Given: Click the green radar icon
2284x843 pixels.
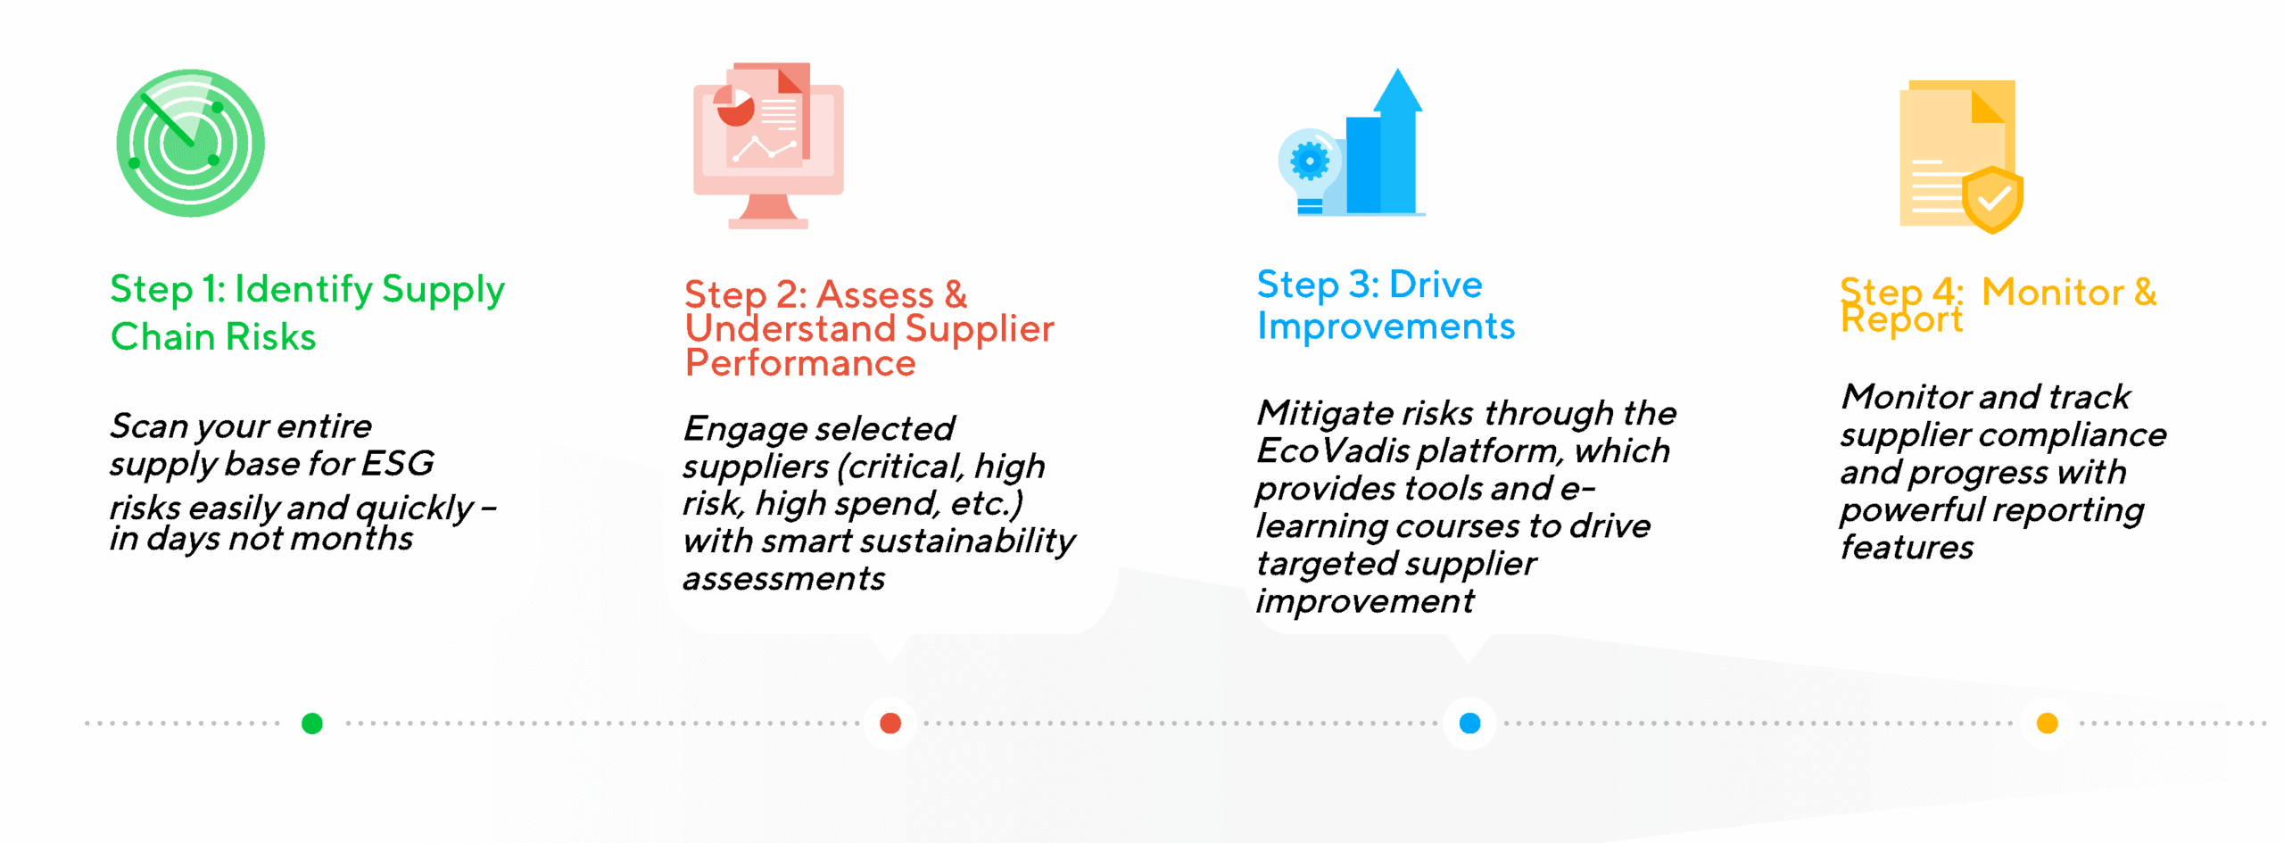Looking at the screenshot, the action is click(190, 143).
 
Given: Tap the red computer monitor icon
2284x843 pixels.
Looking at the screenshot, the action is click(768, 145).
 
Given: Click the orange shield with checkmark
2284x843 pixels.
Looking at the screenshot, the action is click(1992, 199).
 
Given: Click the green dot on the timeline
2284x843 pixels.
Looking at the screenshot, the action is click(312, 723).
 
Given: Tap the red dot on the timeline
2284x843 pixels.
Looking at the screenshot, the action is click(890, 723).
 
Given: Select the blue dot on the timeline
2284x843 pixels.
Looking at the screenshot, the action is click(1469, 723).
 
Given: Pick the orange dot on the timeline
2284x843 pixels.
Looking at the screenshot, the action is click(2048, 723).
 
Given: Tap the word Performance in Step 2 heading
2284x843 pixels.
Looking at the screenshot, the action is click(800, 363).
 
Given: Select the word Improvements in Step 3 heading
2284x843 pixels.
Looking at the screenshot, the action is click(1386, 326).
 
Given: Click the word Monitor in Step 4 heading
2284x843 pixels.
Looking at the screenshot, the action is click(2053, 292).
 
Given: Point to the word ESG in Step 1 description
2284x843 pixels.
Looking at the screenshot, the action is click(398, 463).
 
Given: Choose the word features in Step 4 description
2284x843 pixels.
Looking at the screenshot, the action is click(1907, 547).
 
